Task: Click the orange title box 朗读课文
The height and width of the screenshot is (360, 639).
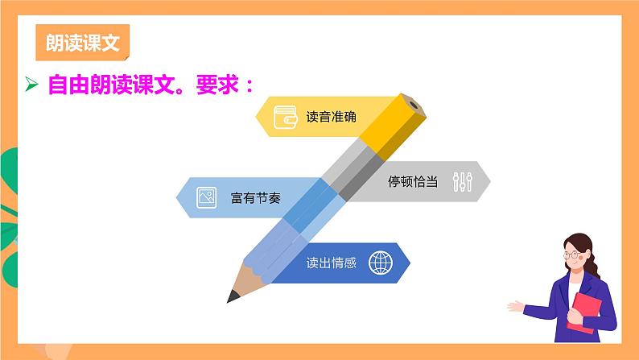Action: coord(83,43)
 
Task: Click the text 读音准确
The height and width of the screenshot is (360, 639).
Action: coord(331,116)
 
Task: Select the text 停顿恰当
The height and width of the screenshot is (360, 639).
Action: coord(413,181)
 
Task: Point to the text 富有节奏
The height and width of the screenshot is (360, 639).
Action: coord(255,197)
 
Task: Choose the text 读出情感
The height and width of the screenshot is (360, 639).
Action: coord(331,263)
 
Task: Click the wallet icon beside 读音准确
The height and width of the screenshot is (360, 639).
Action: coord(286,116)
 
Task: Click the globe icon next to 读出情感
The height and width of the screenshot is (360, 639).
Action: coord(379,263)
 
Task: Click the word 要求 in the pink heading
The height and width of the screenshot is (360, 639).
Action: coord(212,85)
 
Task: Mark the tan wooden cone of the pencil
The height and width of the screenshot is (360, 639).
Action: coord(246,277)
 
